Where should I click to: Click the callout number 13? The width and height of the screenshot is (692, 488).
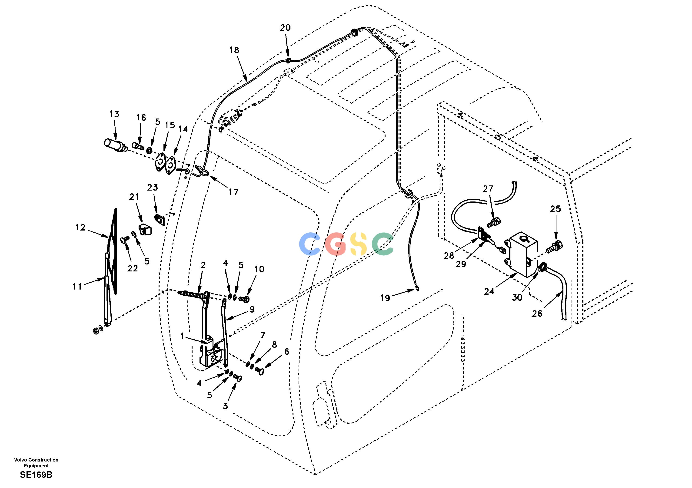tap(114, 114)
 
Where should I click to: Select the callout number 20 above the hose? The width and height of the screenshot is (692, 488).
tap(285, 28)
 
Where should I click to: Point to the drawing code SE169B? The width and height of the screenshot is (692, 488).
tap(36, 475)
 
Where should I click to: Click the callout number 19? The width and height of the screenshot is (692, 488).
tap(385, 298)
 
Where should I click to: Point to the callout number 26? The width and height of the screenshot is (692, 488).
tap(537, 313)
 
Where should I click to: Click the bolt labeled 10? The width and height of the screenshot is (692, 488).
tap(243, 299)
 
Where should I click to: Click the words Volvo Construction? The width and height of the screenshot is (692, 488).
tap(36, 460)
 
